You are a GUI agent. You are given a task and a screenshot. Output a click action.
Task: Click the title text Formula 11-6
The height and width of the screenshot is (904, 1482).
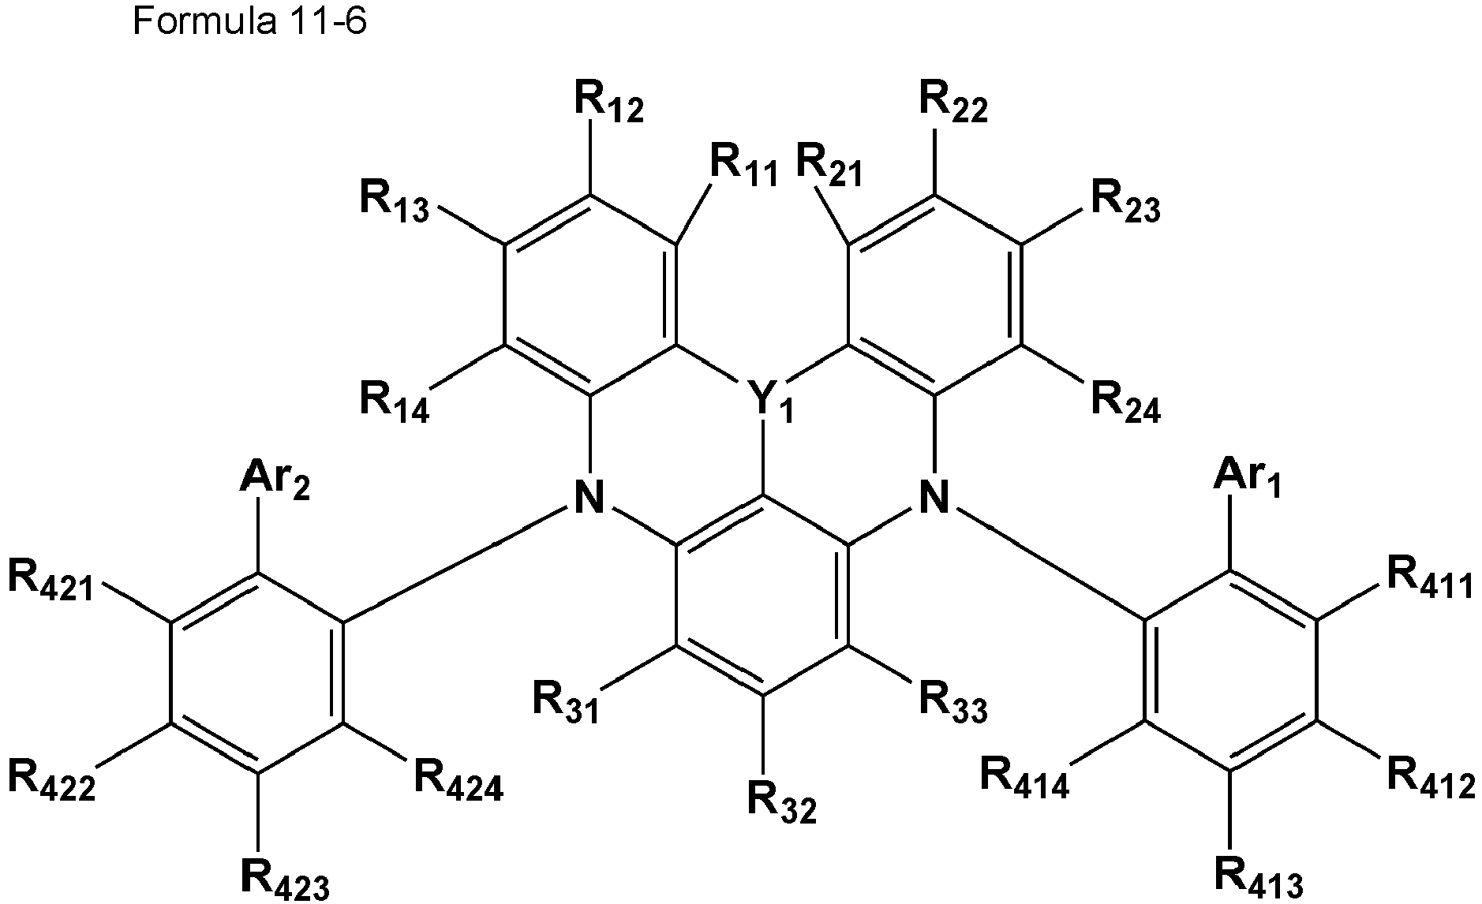point(249,23)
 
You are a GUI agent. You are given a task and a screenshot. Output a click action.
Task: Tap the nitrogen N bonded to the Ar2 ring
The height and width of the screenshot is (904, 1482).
point(589,499)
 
